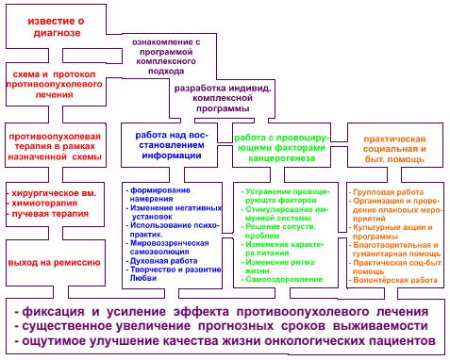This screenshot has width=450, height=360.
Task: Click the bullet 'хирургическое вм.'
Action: click(53, 191)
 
